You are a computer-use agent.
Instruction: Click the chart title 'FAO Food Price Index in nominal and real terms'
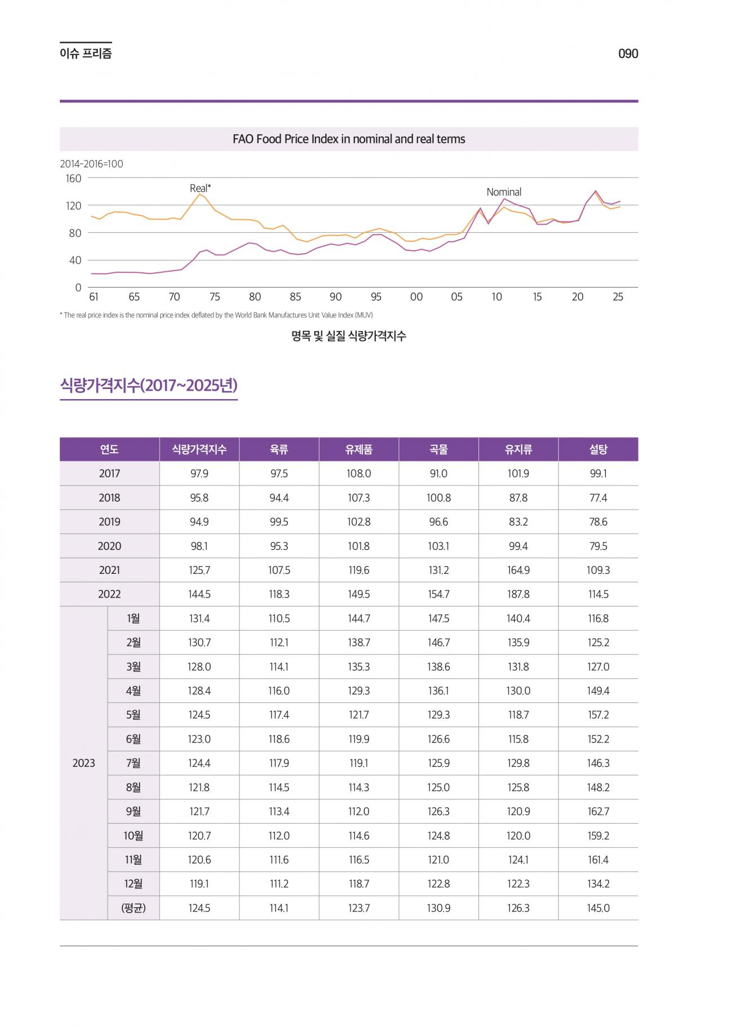pyautogui.click(x=349, y=139)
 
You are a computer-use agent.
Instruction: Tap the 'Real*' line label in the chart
pyautogui.click(x=200, y=188)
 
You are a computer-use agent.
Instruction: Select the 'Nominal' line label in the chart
pyautogui.click(x=504, y=192)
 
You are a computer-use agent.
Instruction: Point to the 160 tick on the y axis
pyautogui.click(x=74, y=179)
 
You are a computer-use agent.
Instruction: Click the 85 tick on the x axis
pyautogui.click(x=295, y=297)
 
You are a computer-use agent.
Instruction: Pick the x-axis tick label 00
pyautogui.click(x=416, y=297)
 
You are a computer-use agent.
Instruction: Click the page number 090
pyautogui.click(x=628, y=54)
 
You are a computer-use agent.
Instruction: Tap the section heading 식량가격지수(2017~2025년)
pyautogui.click(x=149, y=386)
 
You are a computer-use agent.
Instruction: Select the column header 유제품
pyautogui.click(x=359, y=449)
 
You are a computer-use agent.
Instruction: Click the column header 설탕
pyautogui.click(x=598, y=449)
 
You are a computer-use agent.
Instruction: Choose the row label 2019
pyautogui.click(x=109, y=522)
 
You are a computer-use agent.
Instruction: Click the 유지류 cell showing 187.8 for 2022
pyautogui.click(x=518, y=594)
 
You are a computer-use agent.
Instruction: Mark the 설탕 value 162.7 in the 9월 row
pyautogui.click(x=598, y=812)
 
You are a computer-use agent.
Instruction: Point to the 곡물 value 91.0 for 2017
pyautogui.click(x=438, y=474)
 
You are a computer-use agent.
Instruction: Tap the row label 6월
pyautogui.click(x=134, y=739)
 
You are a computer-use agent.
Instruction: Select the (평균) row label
pyautogui.click(x=134, y=908)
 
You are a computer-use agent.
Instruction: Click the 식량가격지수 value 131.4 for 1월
pyautogui.click(x=199, y=618)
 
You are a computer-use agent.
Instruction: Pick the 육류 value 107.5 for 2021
pyautogui.click(x=279, y=570)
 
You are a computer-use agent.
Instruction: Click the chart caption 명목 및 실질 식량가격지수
pyautogui.click(x=349, y=337)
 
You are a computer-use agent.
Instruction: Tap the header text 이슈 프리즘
pyautogui.click(x=86, y=54)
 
